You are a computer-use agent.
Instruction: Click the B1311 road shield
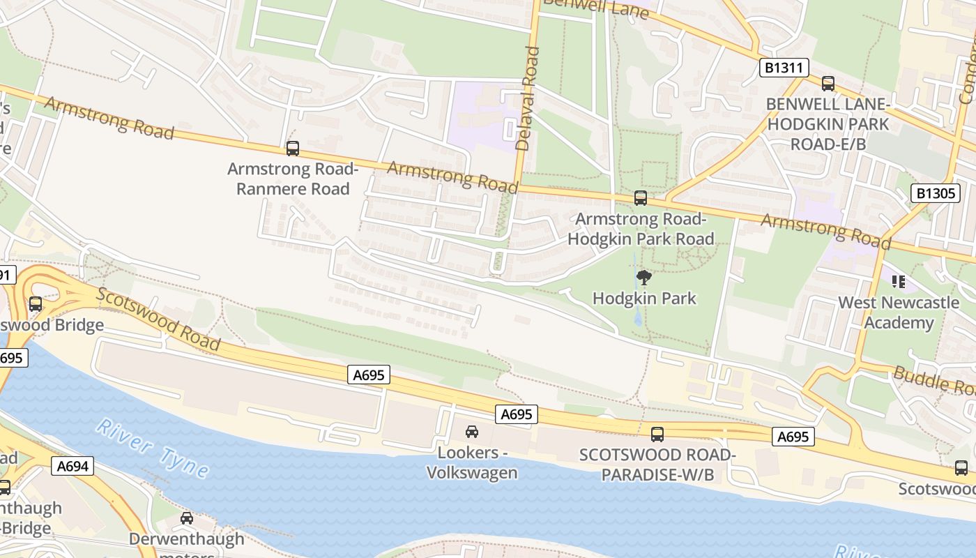784,68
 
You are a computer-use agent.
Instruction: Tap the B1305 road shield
935,193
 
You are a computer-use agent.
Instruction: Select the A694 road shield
73,466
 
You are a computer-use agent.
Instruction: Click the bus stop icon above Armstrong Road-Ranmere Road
293,148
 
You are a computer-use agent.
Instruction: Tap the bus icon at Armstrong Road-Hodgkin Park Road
641,198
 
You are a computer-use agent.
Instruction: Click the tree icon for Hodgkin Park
644,278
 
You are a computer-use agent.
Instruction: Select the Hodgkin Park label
644,299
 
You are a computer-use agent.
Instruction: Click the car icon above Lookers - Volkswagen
472,432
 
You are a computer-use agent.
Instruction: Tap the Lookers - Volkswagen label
472,462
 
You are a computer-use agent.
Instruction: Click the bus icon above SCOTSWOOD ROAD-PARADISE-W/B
657,435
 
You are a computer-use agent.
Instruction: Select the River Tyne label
152,448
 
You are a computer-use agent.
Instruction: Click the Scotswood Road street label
158,319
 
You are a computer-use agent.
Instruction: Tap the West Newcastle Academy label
898,312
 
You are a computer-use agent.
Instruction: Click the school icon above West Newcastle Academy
899,282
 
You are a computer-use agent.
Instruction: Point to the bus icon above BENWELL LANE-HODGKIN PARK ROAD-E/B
828,84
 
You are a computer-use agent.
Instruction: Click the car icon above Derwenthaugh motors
187,518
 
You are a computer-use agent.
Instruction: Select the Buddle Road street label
934,381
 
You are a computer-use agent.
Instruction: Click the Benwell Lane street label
595,9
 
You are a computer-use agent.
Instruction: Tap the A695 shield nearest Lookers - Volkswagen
517,414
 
